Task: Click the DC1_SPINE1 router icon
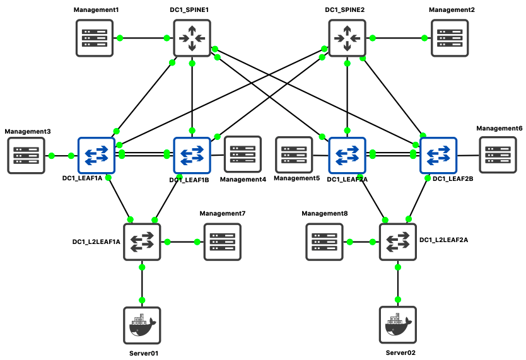(x=191, y=38)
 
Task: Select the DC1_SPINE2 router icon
(x=347, y=38)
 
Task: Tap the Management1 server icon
(x=95, y=38)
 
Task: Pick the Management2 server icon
(x=450, y=38)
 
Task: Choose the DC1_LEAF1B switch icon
(x=192, y=155)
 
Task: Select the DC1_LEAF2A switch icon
(x=347, y=155)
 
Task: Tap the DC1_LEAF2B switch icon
(x=439, y=155)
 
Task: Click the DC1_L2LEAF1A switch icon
(x=142, y=241)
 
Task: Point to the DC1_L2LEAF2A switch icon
(x=398, y=241)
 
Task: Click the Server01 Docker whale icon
(x=142, y=325)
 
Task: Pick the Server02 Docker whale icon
(x=398, y=325)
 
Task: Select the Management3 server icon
(x=26, y=155)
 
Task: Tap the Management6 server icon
(x=498, y=155)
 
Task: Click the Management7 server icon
(x=222, y=241)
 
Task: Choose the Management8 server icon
(x=324, y=241)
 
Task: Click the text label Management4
(x=243, y=180)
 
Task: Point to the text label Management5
(x=297, y=179)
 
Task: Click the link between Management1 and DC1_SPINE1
(x=146, y=38)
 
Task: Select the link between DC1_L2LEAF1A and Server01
(x=142, y=284)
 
